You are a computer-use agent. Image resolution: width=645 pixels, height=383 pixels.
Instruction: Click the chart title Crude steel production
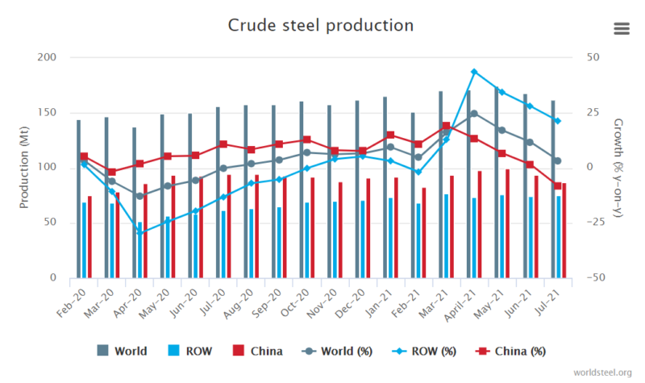[322, 25]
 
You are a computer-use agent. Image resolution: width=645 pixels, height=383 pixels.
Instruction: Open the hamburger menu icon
[621, 28]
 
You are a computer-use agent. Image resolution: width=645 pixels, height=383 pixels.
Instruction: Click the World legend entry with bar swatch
[122, 351]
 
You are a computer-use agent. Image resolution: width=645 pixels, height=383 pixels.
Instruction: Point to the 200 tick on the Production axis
[48, 58]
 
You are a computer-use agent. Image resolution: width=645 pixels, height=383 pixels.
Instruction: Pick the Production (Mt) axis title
[24, 167]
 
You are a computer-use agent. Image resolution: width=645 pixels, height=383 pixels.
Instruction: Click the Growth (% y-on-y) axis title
[618, 167]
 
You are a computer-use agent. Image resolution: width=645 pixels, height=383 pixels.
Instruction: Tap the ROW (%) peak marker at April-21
[475, 72]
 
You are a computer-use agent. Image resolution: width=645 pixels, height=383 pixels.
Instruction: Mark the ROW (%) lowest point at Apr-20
[139, 232]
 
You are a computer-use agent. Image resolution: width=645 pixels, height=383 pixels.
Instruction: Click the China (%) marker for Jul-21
[557, 185]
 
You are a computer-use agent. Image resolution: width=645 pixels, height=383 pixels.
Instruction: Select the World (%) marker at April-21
[475, 114]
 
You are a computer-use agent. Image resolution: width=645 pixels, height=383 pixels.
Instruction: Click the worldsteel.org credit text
[603, 372]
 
